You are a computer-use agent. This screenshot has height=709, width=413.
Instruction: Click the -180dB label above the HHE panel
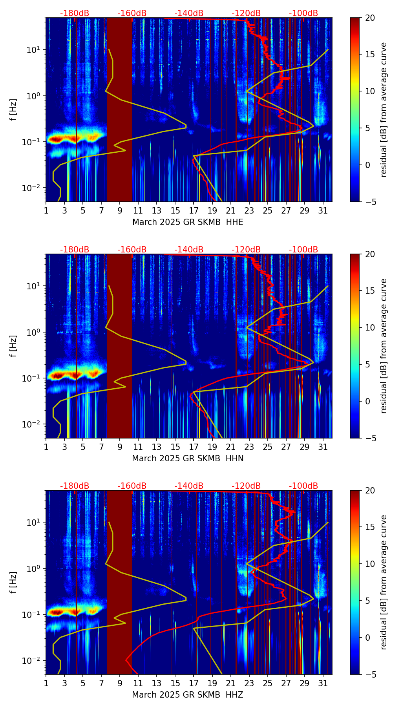point(75,13)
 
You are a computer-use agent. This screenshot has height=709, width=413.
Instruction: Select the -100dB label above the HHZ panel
point(303,486)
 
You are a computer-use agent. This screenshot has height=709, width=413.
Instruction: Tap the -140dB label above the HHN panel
point(189,250)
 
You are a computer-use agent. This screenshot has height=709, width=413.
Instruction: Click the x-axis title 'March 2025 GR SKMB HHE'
point(188,222)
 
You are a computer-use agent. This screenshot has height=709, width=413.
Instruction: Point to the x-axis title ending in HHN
point(188,459)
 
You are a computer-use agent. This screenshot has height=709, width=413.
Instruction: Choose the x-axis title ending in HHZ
point(188,695)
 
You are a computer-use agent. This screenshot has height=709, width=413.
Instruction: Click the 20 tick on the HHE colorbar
point(370,18)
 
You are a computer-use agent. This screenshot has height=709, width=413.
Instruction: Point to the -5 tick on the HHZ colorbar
point(370,674)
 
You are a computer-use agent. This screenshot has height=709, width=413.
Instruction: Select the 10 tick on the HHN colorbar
point(370,327)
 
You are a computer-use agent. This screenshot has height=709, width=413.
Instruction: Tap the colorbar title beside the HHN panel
point(384,346)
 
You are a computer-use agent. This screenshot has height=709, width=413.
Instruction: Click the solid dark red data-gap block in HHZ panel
point(120,582)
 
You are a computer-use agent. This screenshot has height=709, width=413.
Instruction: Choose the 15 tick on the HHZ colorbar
point(370,527)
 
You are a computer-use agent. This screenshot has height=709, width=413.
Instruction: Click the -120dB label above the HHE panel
point(246,13)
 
